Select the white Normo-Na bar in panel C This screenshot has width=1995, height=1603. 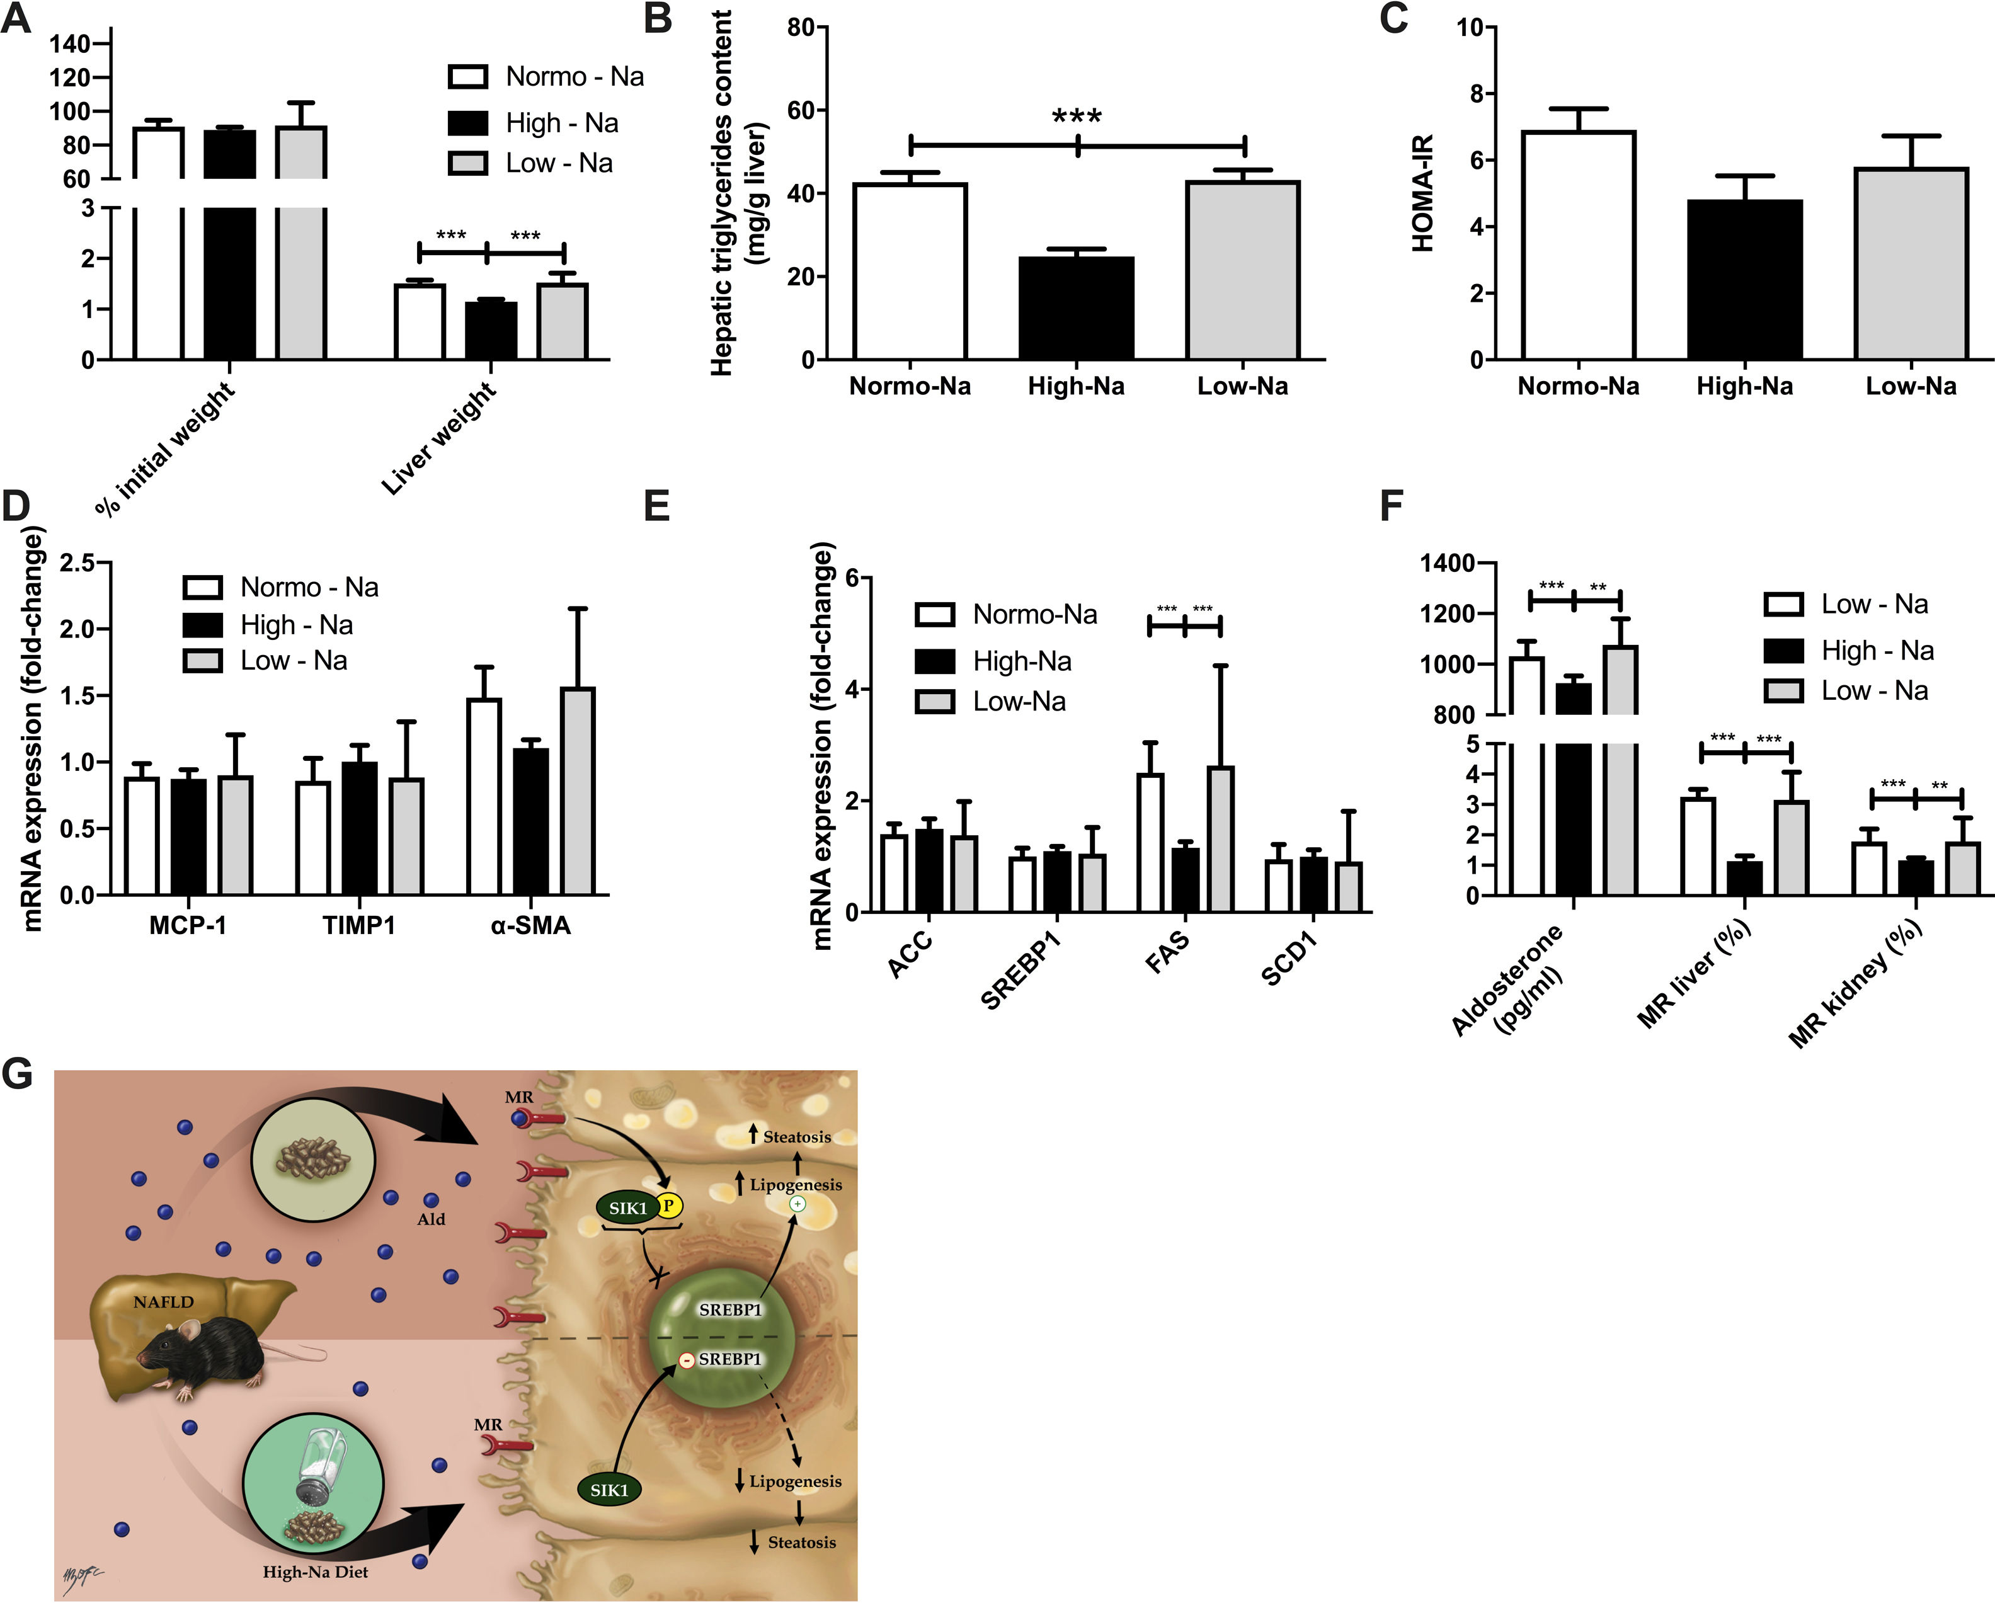[1579, 245]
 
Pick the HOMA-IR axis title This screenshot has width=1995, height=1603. [1422, 192]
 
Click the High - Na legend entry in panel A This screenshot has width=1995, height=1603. [562, 123]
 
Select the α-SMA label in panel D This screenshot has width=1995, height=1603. [530, 926]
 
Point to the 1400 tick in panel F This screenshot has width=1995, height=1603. [1447, 563]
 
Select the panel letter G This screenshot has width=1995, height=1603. [18, 1074]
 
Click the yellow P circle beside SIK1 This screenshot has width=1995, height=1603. [668, 1206]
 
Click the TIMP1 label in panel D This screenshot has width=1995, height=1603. [359, 926]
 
